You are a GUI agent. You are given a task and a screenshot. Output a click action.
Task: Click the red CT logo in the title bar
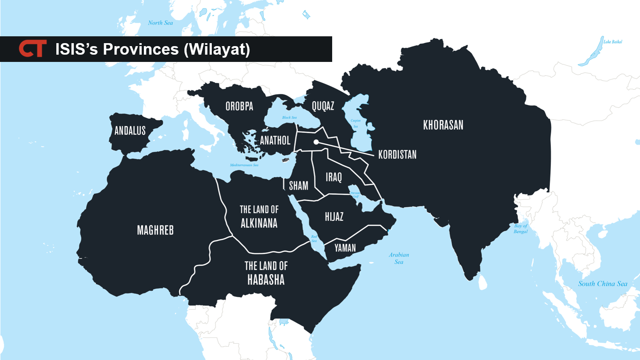coord(32,49)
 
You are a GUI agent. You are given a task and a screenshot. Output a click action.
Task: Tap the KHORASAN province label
coord(443,125)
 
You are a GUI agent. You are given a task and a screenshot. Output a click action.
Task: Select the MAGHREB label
coord(155,231)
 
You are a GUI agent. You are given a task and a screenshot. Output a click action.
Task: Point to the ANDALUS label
coord(130,131)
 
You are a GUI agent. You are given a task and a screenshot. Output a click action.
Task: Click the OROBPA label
coord(239,106)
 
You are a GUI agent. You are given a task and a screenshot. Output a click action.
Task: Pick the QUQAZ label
coord(323,106)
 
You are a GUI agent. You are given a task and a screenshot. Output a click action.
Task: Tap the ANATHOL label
coord(275,140)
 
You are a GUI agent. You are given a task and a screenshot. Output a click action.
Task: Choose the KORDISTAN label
coord(397,155)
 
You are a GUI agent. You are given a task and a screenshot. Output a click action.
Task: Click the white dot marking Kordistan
coord(316,142)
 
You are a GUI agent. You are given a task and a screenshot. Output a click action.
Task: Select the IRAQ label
coord(333,177)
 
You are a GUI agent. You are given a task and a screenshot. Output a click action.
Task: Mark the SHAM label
coord(298,186)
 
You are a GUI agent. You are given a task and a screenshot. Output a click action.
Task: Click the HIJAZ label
coord(334,217)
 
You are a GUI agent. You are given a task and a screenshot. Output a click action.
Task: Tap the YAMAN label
coord(345,248)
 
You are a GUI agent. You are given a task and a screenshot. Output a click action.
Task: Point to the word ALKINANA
coord(259,223)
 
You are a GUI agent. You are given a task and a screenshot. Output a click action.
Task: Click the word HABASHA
coord(266,280)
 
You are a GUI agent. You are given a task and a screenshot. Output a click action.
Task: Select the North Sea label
coord(161,23)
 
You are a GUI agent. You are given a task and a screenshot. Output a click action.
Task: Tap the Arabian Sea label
coord(399,258)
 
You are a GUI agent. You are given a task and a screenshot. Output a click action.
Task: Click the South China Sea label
coord(602,284)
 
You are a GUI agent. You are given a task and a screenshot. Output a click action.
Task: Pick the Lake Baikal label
coord(613,42)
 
